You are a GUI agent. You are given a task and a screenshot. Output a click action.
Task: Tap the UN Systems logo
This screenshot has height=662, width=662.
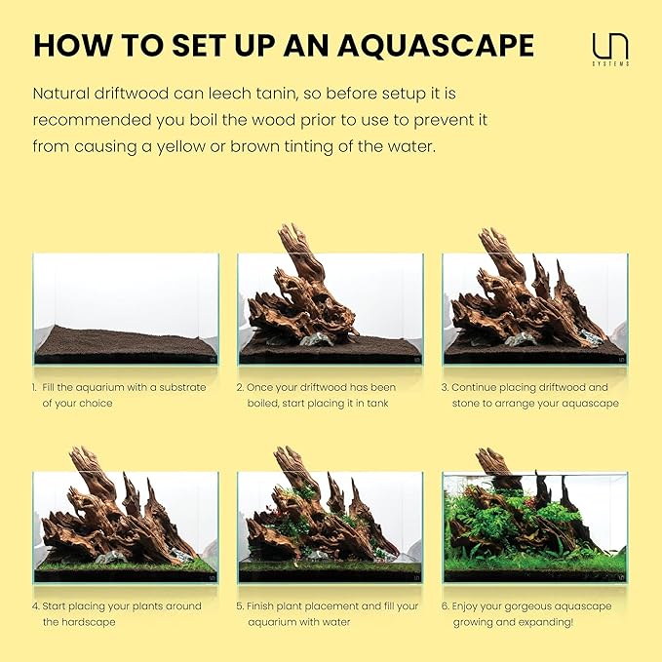coord(610,49)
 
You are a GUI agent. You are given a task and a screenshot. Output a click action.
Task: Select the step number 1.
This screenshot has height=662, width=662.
coord(34,387)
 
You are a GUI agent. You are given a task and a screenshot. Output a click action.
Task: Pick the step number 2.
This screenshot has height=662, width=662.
coord(240,387)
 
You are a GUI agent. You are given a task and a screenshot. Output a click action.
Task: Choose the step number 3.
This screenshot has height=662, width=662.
coord(446,387)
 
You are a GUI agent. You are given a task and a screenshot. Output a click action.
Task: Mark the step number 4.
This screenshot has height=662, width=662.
coord(35,606)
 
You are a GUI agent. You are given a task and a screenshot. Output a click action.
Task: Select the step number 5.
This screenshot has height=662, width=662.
coord(240,606)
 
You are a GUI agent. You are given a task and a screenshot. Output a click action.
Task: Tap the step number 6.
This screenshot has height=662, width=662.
coord(446,606)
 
